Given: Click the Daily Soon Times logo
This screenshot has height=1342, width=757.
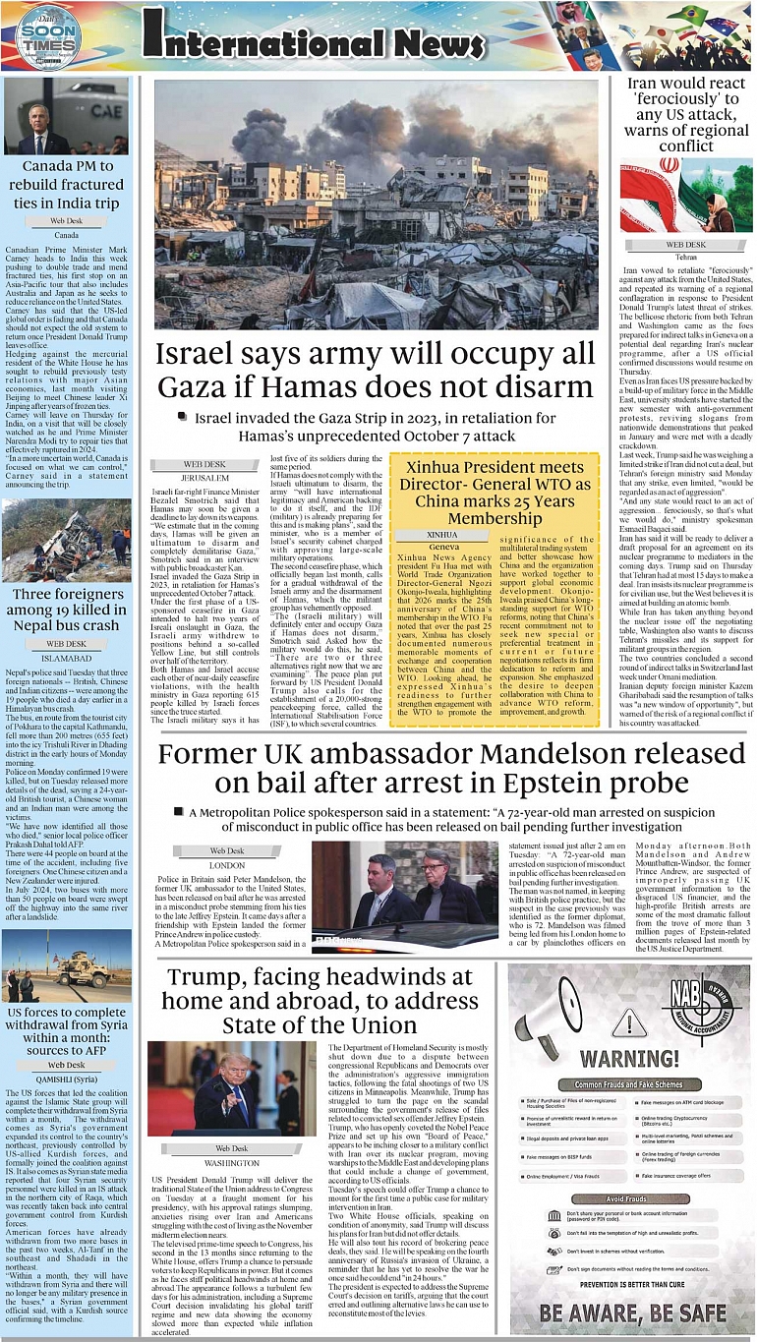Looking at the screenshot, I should coord(47,38).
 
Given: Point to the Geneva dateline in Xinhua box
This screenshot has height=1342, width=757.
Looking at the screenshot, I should coord(443,546).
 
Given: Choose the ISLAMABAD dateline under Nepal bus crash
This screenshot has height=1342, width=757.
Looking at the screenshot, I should coord(67,657).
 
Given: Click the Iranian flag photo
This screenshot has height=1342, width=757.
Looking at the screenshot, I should coord(686,195).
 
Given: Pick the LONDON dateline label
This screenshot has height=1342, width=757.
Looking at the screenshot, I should coord(227,865).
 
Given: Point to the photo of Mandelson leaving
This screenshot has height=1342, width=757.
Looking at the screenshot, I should coord(405,896).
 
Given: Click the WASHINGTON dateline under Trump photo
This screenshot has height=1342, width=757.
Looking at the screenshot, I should coord(232,1162).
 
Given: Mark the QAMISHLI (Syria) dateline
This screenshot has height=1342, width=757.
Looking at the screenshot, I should coord(67,1078).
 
